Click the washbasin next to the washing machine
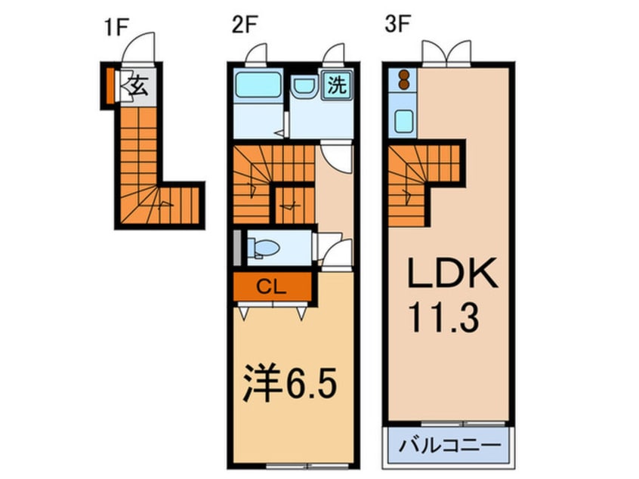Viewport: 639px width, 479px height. tap(305, 88)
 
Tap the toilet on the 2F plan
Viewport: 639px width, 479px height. tap(265, 248)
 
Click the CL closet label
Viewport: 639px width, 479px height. tap(271, 287)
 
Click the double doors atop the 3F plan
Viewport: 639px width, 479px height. tap(446, 53)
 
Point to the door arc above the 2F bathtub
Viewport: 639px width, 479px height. tap(258, 54)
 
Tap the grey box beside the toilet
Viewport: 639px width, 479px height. tap(239, 246)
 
